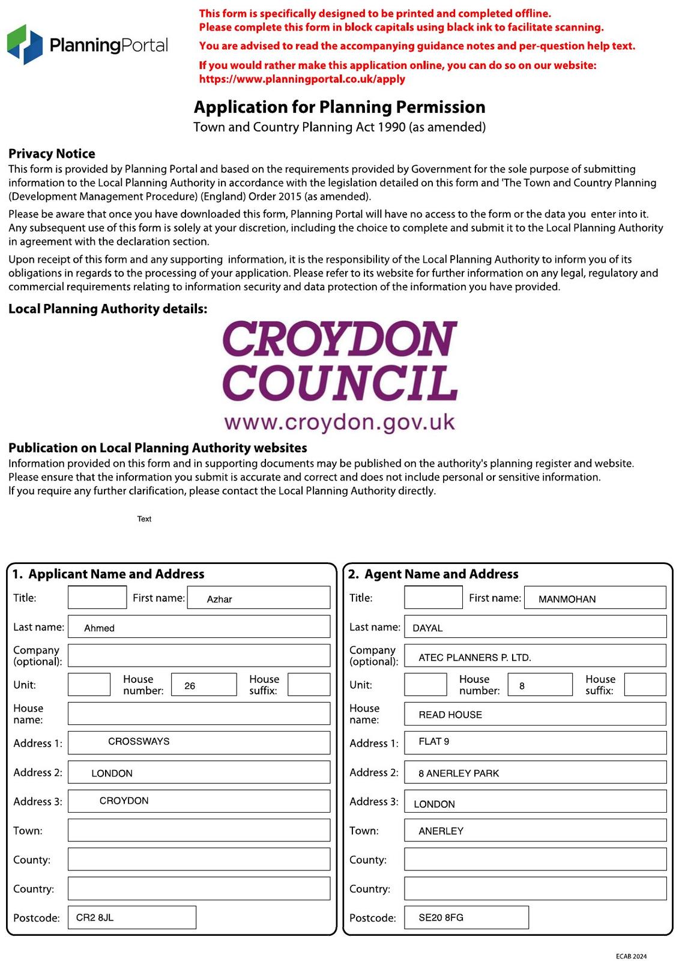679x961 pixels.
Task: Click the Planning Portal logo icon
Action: pos(25,44)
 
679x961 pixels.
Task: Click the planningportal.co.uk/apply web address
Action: pos(302,79)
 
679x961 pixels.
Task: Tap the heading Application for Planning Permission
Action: pos(339,107)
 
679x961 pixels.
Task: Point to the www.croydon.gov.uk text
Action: pos(340,422)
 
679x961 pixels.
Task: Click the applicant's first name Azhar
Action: pos(219,599)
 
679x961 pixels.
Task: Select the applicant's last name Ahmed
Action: pos(99,628)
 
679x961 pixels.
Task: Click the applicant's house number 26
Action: pos(190,685)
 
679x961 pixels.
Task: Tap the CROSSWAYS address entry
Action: pos(139,741)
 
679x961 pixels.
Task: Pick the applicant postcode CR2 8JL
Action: pos(95,917)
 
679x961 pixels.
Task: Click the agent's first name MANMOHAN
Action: pos(567,599)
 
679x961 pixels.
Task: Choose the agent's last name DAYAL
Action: pos(427,628)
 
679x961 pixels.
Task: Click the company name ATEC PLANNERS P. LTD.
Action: pos(474,657)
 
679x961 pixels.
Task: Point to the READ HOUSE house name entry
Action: pos(450,714)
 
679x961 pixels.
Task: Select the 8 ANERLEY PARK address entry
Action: pos(459,773)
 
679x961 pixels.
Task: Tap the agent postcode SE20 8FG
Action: pos(441,917)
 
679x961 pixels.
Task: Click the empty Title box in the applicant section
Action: pos(97,598)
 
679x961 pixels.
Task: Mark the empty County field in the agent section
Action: pos(535,859)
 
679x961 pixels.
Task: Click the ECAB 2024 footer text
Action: pos(631,956)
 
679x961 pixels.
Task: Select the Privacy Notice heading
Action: pos(52,154)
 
